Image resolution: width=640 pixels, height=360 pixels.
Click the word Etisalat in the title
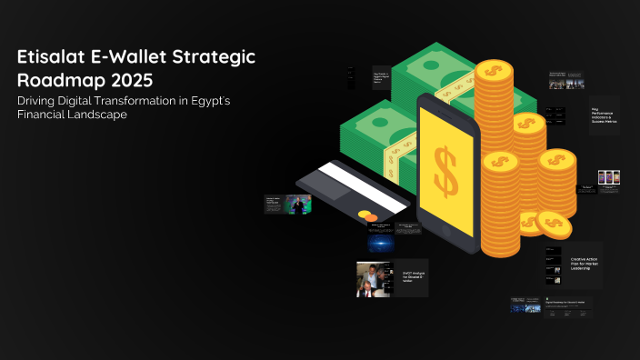click(x=51, y=56)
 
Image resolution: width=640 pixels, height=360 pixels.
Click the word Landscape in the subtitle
click(x=91, y=115)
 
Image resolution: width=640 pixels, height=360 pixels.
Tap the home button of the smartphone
click(x=445, y=233)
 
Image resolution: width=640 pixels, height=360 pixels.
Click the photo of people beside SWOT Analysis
click(x=373, y=279)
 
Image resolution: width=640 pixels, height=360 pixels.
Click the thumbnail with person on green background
click(x=298, y=204)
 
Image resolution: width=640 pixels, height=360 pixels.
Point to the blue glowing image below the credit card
click(x=381, y=243)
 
